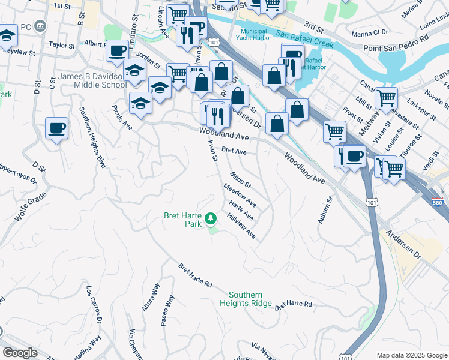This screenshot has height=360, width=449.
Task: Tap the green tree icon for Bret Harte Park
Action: (x=210, y=218)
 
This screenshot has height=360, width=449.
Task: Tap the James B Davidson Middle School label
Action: (x=92, y=81)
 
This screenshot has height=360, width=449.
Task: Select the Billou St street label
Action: (x=240, y=179)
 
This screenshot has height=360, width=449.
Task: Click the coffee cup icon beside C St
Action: (x=56, y=128)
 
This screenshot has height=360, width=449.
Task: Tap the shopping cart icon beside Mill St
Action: (x=385, y=97)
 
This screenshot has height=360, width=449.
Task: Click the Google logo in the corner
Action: (x=20, y=353)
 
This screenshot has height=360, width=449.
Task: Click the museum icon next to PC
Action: (x=40, y=26)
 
